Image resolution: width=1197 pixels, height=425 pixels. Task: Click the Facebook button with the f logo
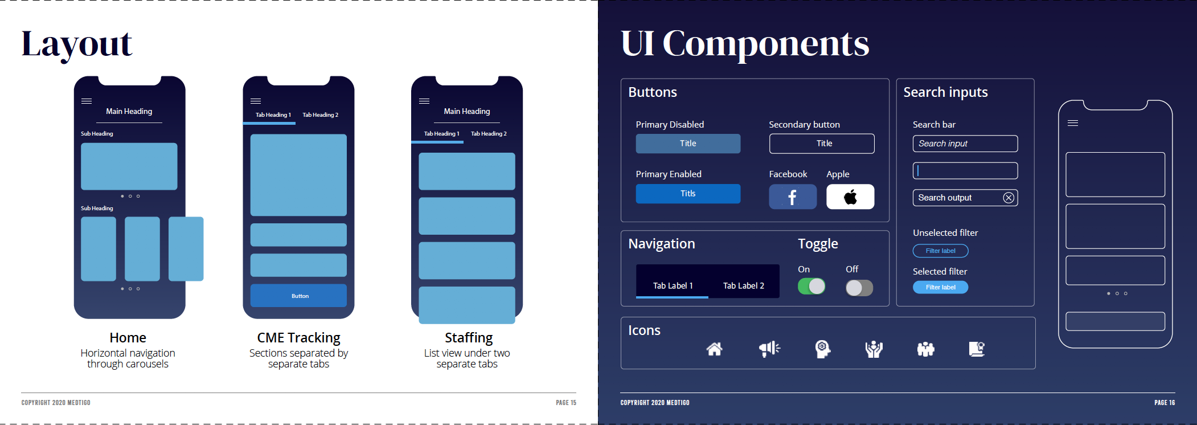[x=792, y=197]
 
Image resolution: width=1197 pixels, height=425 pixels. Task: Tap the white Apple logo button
[x=850, y=197]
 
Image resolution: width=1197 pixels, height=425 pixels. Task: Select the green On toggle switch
[x=811, y=286]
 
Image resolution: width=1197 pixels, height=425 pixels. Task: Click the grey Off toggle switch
[x=859, y=288]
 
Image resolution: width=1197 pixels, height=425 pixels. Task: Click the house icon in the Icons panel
[x=714, y=349]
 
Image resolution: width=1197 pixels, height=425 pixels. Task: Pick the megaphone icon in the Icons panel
[x=769, y=349]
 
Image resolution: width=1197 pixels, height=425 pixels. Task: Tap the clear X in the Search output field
[x=1008, y=198]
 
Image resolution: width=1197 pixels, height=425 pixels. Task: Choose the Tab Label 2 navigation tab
[x=743, y=285]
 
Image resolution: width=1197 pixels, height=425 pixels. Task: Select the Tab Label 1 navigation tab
[x=673, y=285]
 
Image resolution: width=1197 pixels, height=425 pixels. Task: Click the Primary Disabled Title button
[x=688, y=144]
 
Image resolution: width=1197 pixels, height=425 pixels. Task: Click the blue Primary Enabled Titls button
[x=688, y=194]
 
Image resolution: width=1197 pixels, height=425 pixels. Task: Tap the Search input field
[x=965, y=144]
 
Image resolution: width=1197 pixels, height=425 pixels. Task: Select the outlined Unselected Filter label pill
[x=940, y=251]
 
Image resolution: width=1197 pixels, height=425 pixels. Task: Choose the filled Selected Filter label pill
[x=940, y=287]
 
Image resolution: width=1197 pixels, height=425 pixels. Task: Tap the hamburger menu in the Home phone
[x=87, y=101]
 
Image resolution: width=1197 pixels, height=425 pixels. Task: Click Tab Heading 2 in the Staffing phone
[x=489, y=133]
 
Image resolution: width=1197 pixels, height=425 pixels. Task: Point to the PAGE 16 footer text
[x=1164, y=403]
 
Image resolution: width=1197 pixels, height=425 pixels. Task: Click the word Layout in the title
[x=77, y=44]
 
